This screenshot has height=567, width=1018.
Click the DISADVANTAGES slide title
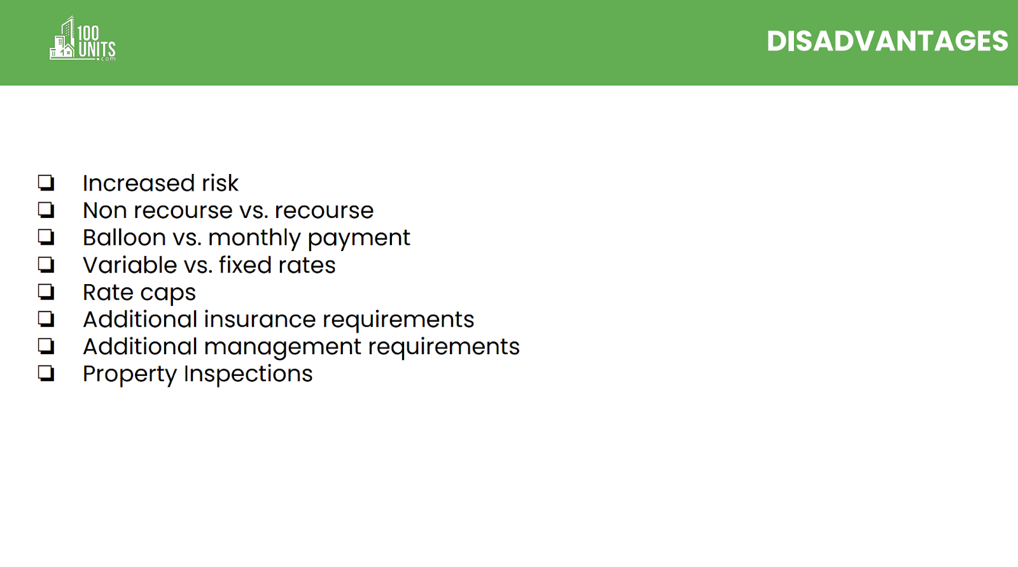pos(887,41)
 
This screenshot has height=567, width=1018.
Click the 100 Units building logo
pos(82,38)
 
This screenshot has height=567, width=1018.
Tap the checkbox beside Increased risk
pos(46,183)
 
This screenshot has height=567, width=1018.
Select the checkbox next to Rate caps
pos(46,292)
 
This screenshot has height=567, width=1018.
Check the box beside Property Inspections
pos(46,373)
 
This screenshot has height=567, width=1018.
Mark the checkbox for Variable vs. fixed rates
pos(46,265)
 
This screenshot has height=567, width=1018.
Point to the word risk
pos(220,183)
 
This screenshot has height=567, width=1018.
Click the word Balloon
pos(124,238)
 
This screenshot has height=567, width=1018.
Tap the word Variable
pos(130,265)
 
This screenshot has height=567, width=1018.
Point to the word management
pos(282,348)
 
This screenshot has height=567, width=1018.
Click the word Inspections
pos(248,375)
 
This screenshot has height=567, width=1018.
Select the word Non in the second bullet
pos(105,211)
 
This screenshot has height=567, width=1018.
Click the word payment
pos(359,239)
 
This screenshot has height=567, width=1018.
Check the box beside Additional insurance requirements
pos(46,319)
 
